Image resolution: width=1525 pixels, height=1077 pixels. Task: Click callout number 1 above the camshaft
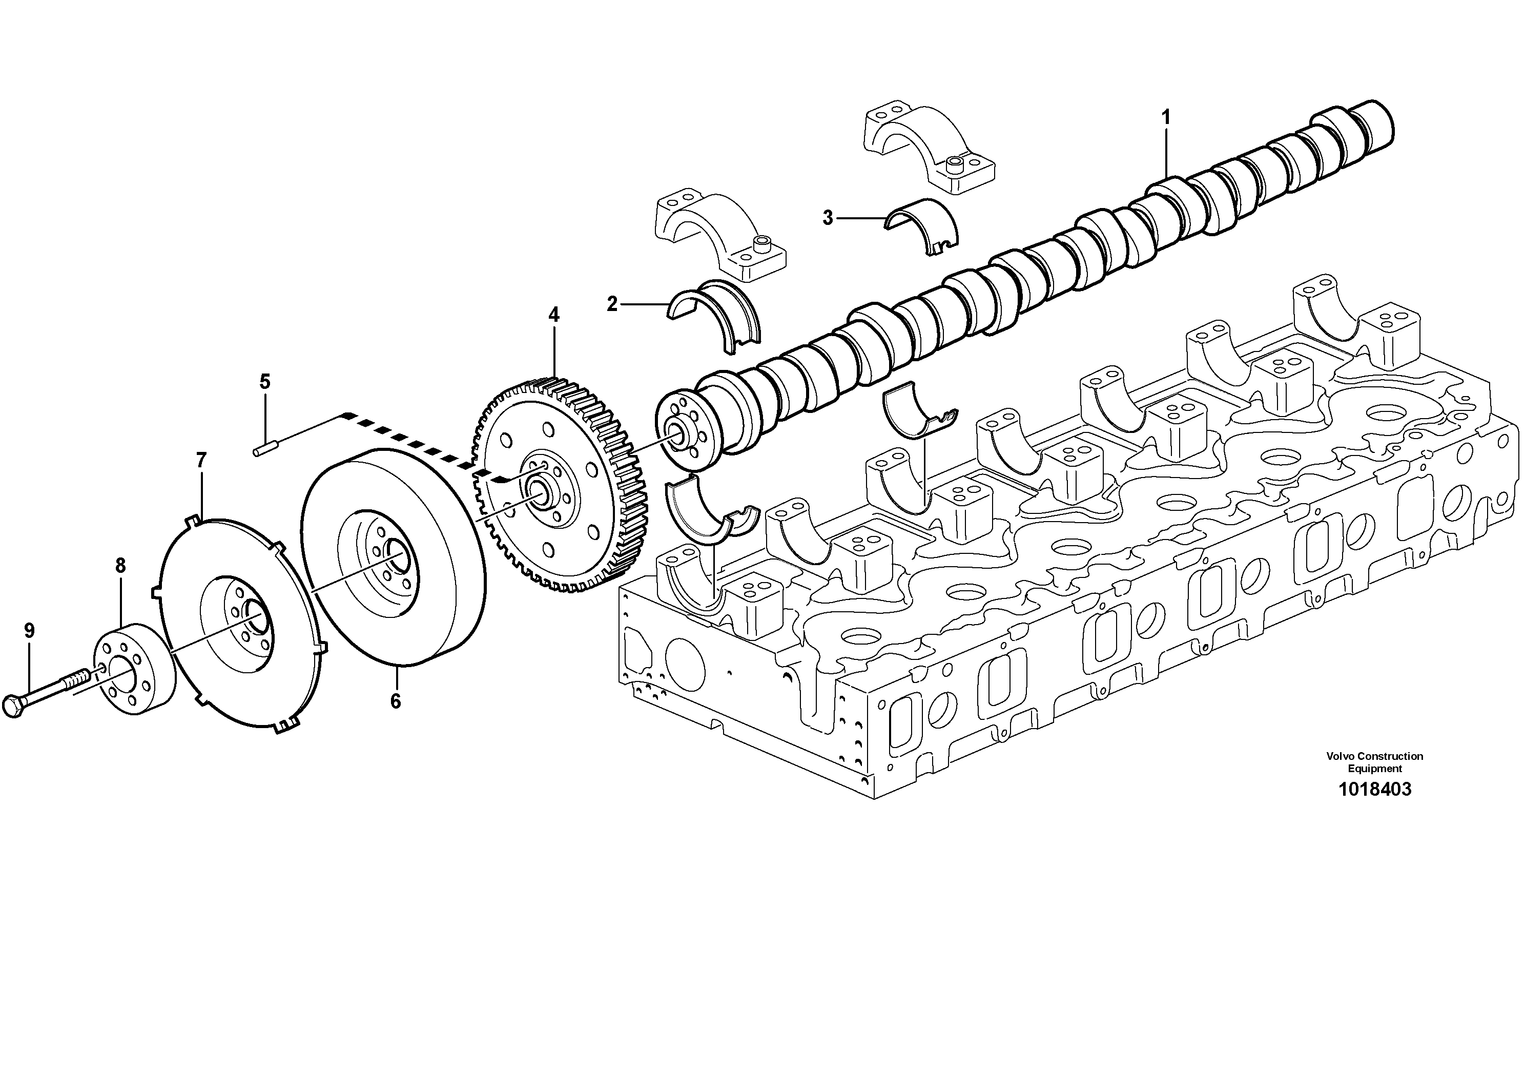click(1166, 118)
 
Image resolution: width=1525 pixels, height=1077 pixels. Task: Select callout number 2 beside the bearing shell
click(612, 304)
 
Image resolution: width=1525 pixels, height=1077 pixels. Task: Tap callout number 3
click(827, 217)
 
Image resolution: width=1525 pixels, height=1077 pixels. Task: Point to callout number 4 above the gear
click(553, 315)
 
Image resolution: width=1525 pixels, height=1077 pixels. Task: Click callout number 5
click(264, 381)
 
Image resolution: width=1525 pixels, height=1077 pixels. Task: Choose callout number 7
click(201, 460)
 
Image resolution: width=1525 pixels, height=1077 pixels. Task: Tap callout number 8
click(120, 566)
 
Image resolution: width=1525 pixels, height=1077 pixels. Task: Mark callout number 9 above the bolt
click(29, 630)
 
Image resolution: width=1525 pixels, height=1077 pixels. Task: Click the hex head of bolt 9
click(13, 707)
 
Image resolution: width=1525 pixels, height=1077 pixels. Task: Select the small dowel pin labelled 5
click(264, 450)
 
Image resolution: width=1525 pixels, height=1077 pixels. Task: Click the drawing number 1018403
click(1374, 790)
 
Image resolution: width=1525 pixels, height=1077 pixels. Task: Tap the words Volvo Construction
click(1374, 756)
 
